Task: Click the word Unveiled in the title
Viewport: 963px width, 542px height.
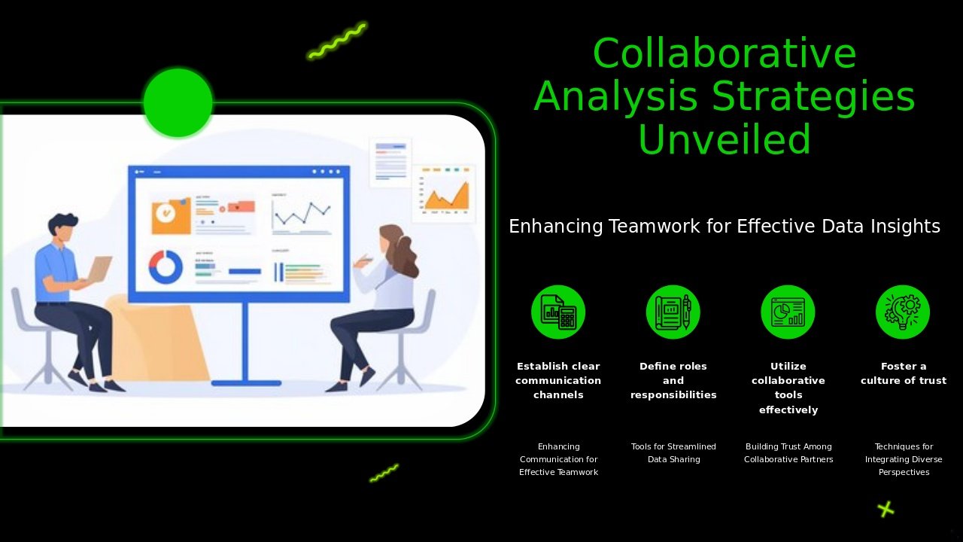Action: pos(725,139)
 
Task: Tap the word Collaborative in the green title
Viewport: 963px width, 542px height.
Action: pos(725,53)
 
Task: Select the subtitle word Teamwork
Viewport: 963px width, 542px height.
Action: pos(655,227)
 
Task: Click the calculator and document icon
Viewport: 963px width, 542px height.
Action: pos(558,312)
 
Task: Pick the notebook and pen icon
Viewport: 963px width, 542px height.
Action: pos(673,312)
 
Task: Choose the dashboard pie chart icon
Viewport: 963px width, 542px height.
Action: pos(788,312)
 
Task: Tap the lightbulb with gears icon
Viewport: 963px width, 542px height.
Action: pos(903,312)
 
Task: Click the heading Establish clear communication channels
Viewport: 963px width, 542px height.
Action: pos(558,380)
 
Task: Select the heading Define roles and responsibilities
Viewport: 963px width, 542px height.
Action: pos(673,380)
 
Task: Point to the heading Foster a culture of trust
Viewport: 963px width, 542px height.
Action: pos(904,373)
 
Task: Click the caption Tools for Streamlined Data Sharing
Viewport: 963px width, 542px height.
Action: pos(673,453)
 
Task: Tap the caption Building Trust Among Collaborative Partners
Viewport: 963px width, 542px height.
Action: pos(788,453)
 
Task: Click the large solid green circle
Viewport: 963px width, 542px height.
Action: pos(178,102)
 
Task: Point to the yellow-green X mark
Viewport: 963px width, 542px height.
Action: pos(886,510)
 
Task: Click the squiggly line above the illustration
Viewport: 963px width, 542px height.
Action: pos(338,41)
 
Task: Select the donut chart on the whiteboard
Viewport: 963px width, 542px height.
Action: pos(166,266)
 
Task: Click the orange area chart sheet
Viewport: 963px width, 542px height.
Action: pos(444,193)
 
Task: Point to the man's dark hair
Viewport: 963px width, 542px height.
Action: pos(62,223)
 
